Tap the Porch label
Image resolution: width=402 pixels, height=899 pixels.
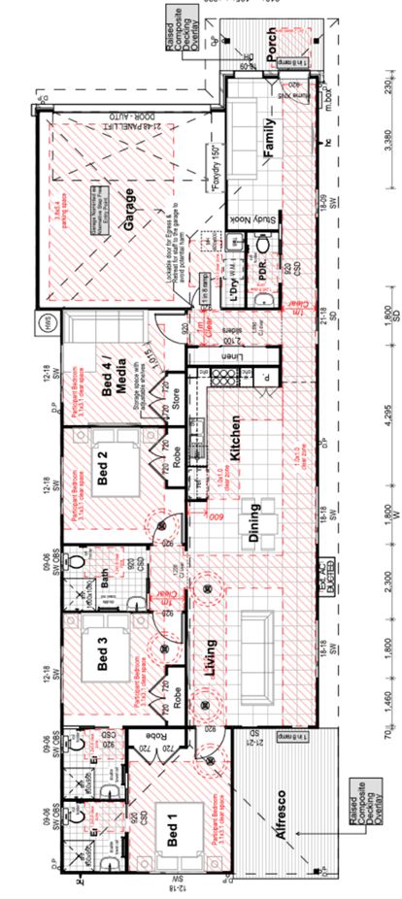pos(272,44)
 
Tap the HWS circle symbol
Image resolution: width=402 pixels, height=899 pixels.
pos(44,321)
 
